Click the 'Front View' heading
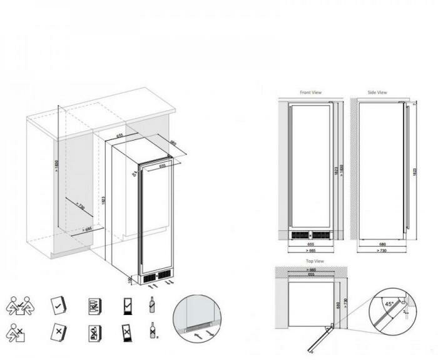click(x=310, y=92)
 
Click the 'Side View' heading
click(x=377, y=92)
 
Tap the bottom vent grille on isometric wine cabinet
click(x=156, y=276)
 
